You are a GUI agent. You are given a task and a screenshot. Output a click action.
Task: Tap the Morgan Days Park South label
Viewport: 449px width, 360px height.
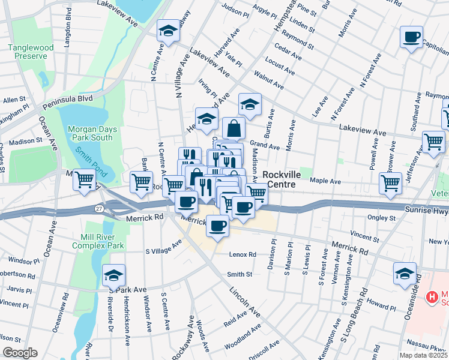90,133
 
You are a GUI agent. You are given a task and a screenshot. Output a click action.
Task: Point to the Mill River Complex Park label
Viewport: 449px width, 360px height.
98,241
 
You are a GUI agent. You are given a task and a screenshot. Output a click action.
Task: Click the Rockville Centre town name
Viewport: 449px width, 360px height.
279,180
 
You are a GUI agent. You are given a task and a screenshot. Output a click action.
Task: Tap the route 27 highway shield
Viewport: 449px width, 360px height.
99,208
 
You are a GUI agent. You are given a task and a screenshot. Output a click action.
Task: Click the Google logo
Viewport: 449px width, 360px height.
19,353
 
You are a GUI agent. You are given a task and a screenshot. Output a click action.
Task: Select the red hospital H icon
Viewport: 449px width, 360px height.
431,296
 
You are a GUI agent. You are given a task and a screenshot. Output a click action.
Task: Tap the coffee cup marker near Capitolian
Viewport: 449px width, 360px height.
412,38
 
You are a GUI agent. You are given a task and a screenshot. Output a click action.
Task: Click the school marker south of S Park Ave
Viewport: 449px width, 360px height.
113,276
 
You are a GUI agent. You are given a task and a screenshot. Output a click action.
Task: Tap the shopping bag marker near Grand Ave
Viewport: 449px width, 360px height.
234,128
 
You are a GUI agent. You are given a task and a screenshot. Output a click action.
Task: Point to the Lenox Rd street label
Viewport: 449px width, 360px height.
243,254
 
